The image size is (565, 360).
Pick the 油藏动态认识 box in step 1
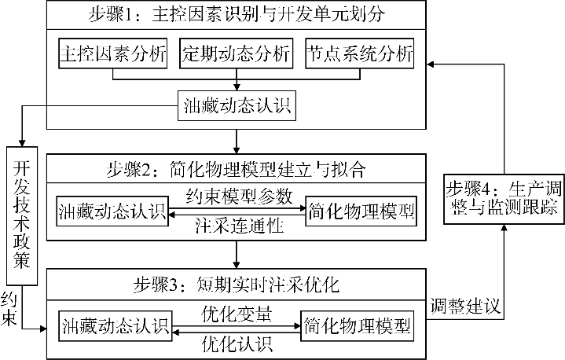click(236, 106)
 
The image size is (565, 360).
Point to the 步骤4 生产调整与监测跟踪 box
click(503, 200)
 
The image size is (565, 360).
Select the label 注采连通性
click(235, 228)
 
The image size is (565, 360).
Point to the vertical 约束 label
click(10, 309)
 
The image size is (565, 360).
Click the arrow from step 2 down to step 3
click(237, 255)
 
